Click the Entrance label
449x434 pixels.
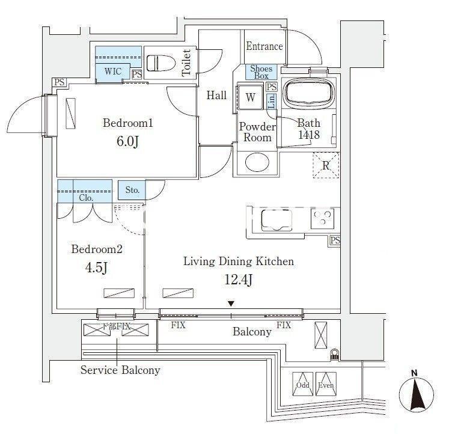tap(264, 46)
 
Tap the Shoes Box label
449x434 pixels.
tap(261, 72)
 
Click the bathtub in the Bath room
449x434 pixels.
tap(308, 94)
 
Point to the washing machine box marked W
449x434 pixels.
tap(250, 97)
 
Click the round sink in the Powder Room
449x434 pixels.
tap(256, 164)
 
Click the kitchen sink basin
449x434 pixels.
tap(276, 219)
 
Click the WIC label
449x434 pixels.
tap(112, 72)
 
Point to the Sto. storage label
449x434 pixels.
tap(132, 191)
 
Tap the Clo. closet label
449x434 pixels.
tap(85, 197)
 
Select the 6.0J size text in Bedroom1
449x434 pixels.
tap(128, 144)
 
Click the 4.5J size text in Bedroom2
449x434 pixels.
tap(97, 267)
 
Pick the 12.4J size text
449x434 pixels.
tap(238, 280)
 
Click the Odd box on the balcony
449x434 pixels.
tap(302, 385)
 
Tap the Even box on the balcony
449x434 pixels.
tap(325, 385)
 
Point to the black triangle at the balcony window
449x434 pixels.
tap(231, 305)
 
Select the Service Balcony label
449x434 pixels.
tap(120, 370)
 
